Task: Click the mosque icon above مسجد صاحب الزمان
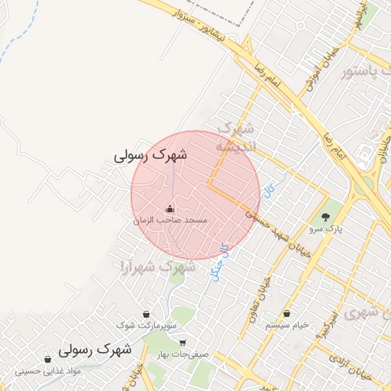[170, 208]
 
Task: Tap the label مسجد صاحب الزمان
[170, 220]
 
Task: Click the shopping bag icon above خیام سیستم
[287, 313]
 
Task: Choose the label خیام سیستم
[287, 325]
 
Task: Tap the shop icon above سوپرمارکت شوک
[146, 314]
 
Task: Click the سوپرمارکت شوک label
[146, 325]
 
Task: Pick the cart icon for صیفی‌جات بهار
[182, 342]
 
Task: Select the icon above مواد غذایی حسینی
[48, 359]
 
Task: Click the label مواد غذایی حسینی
[48, 371]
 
